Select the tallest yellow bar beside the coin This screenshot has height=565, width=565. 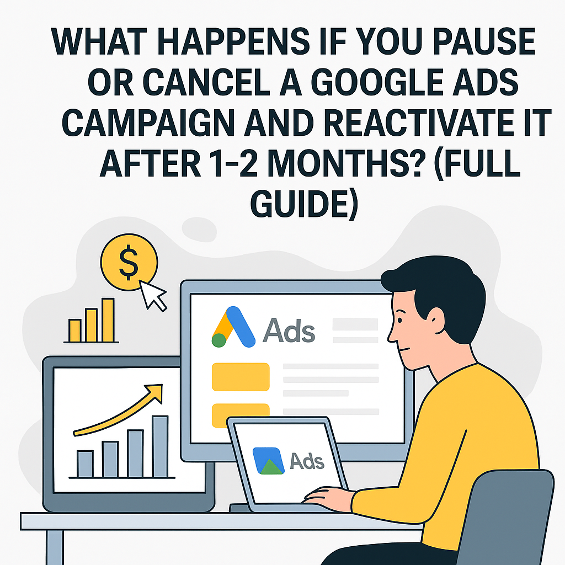click(108, 320)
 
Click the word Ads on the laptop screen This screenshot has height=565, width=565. click(307, 460)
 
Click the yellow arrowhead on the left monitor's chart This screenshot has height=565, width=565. click(158, 390)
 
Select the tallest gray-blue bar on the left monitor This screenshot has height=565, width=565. click(159, 446)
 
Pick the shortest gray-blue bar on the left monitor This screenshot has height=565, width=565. click(85, 463)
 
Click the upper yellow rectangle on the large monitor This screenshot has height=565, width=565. click(241, 377)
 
